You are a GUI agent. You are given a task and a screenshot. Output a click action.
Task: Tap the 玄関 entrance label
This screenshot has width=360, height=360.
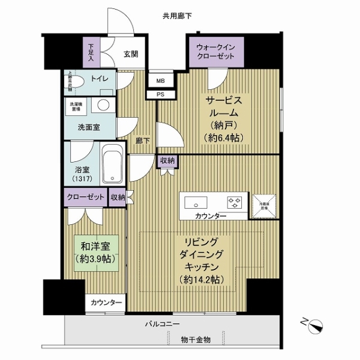click(131, 53)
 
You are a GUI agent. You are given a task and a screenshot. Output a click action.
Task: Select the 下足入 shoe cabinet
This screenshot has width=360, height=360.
click(92, 53)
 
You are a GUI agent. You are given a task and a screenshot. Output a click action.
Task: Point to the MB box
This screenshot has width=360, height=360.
click(160, 80)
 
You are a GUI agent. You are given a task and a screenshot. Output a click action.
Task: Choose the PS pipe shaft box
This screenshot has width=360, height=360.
click(160, 94)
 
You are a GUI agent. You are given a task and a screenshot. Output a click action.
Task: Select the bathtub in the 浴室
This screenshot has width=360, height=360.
click(112, 166)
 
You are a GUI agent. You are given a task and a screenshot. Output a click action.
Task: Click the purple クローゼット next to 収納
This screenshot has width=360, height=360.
click(85, 197)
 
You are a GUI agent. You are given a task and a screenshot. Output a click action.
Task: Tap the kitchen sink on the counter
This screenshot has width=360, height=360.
click(195, 200)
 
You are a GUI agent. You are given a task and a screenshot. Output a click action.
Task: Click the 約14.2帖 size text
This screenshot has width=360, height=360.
click(201, 280)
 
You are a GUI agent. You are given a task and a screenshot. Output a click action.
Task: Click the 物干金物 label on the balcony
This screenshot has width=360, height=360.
click(196, 340)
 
